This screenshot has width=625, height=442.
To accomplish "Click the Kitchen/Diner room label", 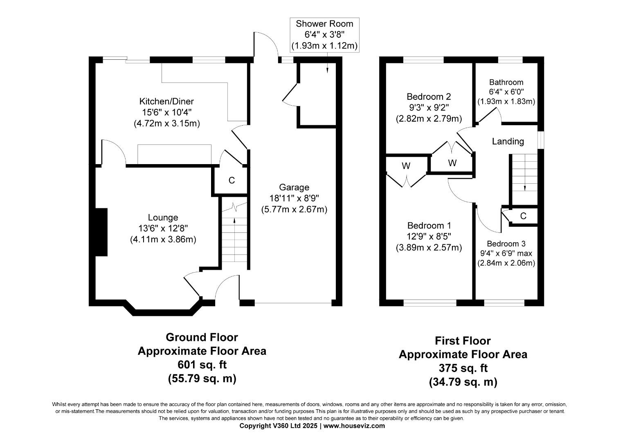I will pos(166,101).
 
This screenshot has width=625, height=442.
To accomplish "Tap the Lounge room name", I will pos(163,218).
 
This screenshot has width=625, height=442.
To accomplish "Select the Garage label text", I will pos(294,187).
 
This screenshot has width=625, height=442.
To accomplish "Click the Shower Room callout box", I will pos(324,35).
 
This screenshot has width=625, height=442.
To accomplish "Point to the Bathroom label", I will pos(506,82).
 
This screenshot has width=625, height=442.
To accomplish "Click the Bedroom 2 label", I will pos(429,97).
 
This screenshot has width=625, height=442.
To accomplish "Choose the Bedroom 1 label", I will pos(429,226).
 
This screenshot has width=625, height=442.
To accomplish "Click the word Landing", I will pos(508,141).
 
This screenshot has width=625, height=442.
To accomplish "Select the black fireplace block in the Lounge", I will pos(101,232).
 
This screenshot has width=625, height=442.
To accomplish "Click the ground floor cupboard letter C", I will pos(232,180).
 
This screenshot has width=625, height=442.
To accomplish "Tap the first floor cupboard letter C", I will pos(523,216).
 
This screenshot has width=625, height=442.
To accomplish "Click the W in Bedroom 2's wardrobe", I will pos(452,163).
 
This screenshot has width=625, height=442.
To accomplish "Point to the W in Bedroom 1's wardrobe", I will pos(406,166).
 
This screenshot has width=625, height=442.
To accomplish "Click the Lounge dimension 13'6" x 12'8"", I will pos(163,229).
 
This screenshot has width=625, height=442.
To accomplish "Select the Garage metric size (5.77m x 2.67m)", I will pos(294,210).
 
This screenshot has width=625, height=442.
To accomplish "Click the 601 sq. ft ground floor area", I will pos(202,365).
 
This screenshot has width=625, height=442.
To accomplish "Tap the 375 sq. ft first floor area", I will pos(463,368).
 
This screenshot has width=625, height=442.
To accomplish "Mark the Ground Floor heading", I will pos(202,337).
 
